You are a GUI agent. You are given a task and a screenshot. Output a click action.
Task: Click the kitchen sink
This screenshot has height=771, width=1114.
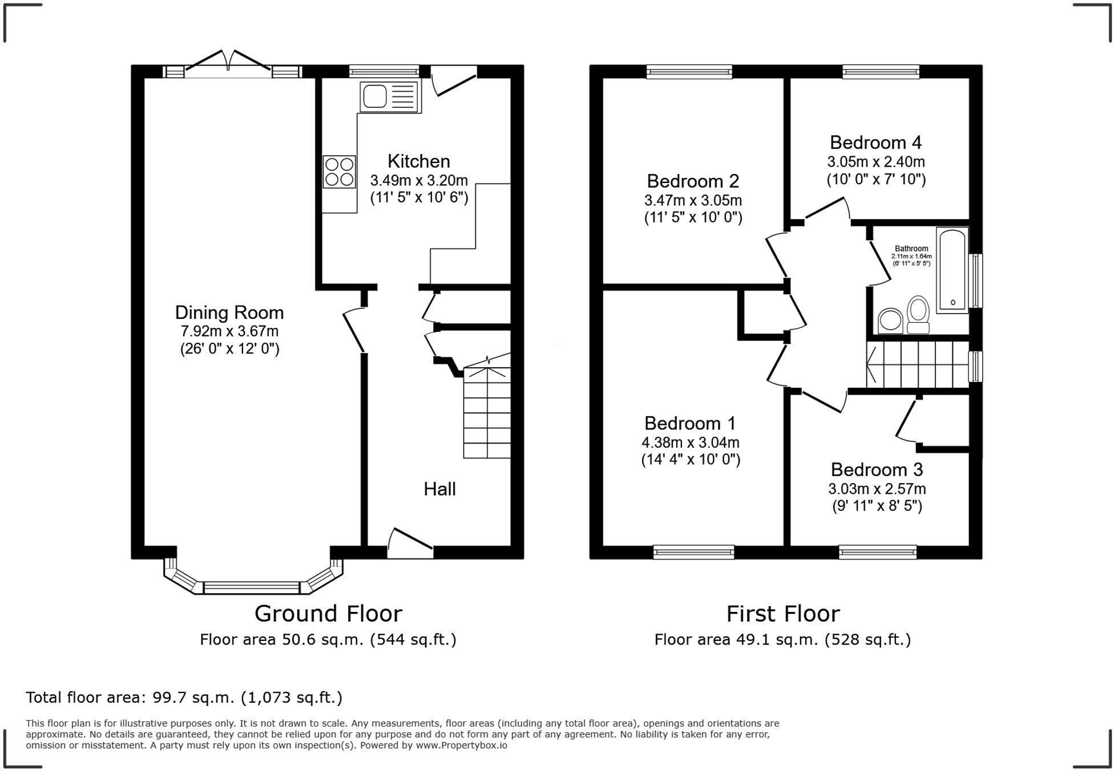pyautogui.click(x=390, y=96)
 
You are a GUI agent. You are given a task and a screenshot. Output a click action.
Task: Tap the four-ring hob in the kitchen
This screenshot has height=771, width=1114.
pyautogui.click(x=339, y=172)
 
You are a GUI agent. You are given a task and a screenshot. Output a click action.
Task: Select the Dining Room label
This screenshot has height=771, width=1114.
pyautogui.click(x=229, y=313)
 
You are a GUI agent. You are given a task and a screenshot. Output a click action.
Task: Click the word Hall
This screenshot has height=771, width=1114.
pyautogui.click(x=439, y=489)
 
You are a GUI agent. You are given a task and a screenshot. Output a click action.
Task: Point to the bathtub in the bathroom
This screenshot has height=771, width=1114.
pyautogui.click(x=952, y=270)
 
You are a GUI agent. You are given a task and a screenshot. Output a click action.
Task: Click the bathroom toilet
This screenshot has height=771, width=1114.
pyautogui.click(x=918, y=314)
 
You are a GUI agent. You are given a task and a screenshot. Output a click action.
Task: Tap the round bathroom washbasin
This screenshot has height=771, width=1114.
pyautogui.click(x=890, y=320)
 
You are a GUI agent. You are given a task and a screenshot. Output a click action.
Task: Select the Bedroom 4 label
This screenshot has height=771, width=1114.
pyautogui.click(x=875, y=142)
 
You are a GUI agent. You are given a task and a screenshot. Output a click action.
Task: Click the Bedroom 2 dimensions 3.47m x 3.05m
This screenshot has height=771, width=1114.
pyautogui.click(x=693, y=201)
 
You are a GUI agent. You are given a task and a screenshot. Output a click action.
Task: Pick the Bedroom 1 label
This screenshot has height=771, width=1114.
pyautogui.click(x=690, y=423)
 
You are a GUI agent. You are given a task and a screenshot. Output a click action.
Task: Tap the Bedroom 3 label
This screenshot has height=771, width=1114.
pyautogui.click(x=877, y=469)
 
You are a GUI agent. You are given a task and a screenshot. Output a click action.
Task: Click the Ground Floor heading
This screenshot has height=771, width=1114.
pyautogui.click(x=328, y=614)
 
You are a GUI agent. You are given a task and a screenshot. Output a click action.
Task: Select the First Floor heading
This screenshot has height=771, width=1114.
pyautogui.click(x=783, y=614)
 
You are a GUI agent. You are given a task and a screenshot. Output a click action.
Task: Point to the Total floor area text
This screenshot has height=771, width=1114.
pyautogui.click(x=184, y=697)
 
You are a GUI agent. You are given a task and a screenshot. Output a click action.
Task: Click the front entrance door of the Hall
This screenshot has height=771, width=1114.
pyautogui.click(x=410, y=543)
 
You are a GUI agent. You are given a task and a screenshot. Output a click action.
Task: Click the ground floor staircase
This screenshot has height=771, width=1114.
pyautogui.click(x=487, y=406)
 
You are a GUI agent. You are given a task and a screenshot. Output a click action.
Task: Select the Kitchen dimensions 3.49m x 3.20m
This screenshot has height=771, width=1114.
pyautogui.click(x=419, y=181)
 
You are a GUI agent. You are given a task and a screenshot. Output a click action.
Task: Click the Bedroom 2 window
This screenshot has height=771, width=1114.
pyautogui.click(x=689, y=71)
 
